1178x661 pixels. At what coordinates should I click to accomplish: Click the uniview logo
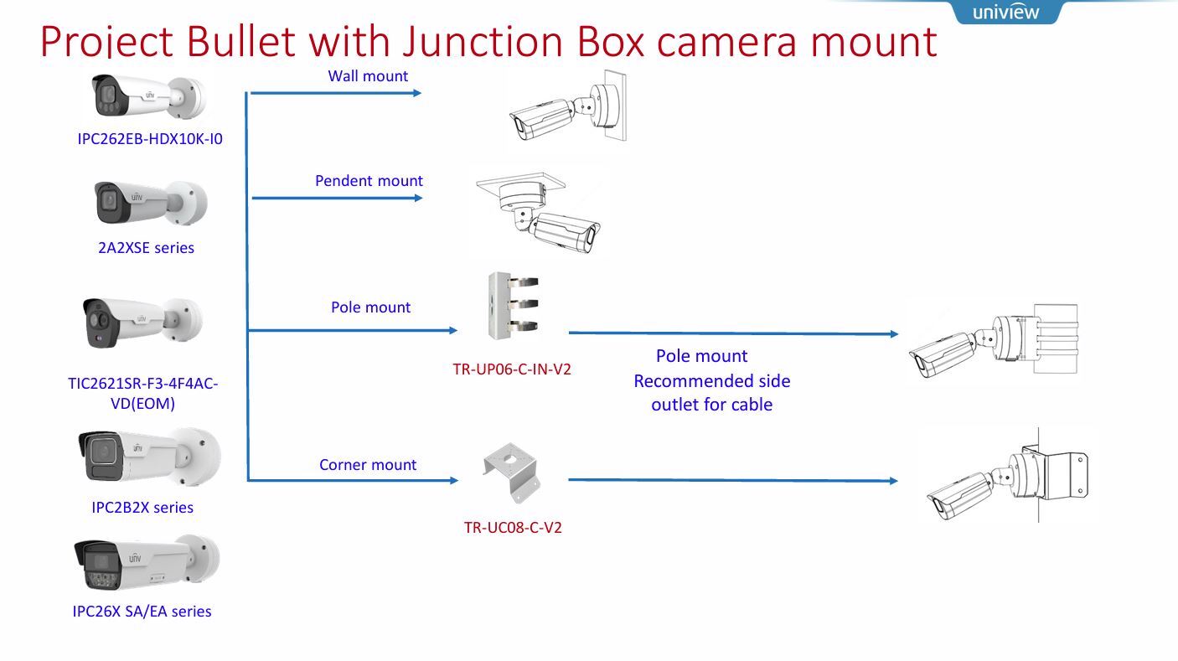[x=1005, y=12]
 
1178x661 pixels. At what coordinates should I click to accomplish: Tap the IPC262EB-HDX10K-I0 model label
[x=150, y=139]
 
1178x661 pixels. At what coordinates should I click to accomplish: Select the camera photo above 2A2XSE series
[x=150, y=203]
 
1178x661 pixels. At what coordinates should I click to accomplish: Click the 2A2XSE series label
[x=146, y=248]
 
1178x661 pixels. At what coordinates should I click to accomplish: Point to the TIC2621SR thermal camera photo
[x=142, y=322]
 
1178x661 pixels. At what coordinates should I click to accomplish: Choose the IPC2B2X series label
[x=142, y=508]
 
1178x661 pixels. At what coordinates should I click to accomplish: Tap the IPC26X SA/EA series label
[x=142, y=612]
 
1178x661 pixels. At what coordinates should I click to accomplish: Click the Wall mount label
[x=368, y=76]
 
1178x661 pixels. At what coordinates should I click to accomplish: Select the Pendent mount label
[x=369, y=181]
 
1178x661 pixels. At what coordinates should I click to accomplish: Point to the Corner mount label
[x=368, y=465]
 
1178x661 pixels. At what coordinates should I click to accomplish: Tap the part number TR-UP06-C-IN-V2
[x=512, y=369]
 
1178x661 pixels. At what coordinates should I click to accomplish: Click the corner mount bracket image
[x=512, y=474]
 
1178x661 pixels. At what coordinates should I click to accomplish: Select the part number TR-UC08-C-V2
[x=513, y=528]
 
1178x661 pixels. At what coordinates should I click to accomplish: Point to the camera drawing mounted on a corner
[x=1006, y=478]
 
